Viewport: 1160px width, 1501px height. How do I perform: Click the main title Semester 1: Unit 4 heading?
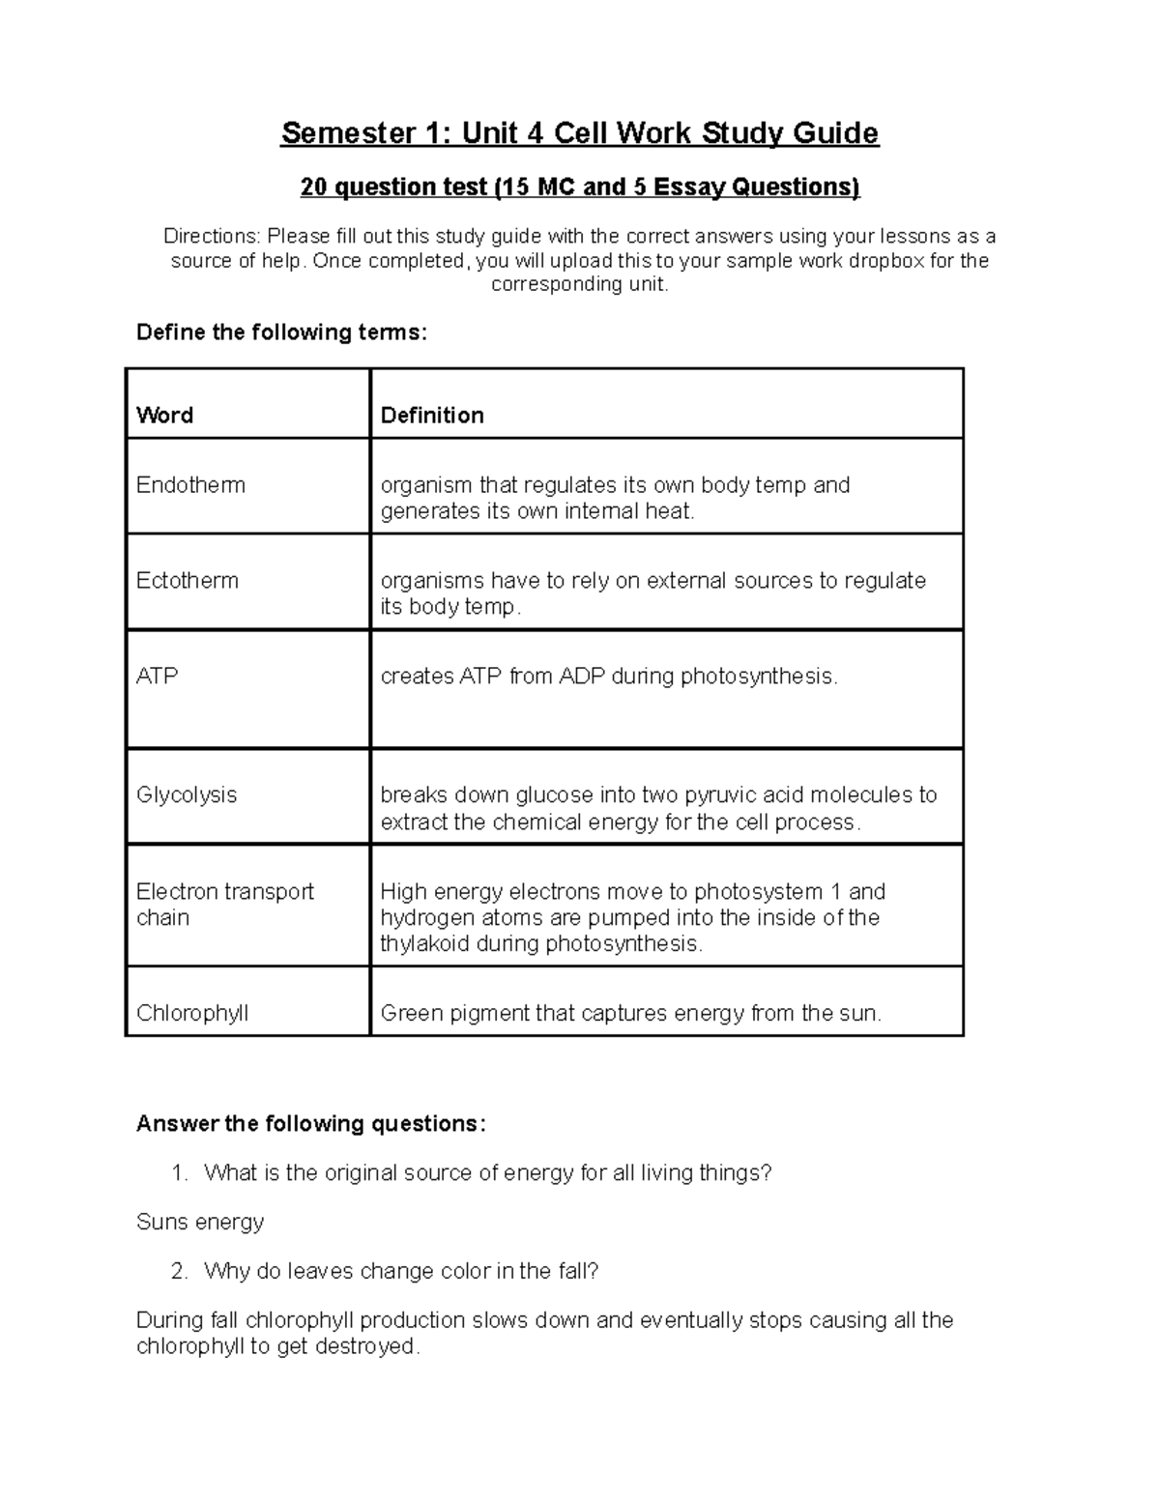579,132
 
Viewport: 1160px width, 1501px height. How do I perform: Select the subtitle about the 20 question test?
579,187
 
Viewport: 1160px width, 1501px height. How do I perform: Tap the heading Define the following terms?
280,332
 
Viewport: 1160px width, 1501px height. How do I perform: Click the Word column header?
164,416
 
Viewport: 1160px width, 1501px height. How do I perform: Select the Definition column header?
432,416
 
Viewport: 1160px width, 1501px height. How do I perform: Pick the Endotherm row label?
190,485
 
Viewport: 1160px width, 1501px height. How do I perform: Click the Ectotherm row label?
187,581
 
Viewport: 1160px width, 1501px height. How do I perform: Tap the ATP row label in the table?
157,677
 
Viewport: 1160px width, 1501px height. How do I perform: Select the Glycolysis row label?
186,795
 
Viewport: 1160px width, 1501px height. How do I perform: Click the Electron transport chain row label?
224,905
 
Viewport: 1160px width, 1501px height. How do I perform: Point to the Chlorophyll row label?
191,1014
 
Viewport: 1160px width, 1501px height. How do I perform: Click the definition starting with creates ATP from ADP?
609,677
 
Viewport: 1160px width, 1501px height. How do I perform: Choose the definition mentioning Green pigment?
630,1014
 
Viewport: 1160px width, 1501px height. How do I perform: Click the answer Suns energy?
200,1223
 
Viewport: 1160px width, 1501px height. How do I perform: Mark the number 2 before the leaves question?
178,1272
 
